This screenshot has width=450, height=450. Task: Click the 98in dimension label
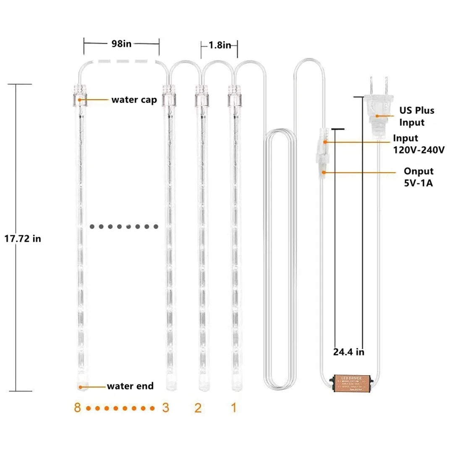pos(121,44)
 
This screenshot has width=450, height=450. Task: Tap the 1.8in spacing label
pos(220,45)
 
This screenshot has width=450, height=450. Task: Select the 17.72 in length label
pos(23,238)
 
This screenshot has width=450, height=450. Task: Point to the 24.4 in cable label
pos(348,352)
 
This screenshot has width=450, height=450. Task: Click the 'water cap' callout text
pos(134,99)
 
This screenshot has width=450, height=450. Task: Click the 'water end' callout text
pos(130,386)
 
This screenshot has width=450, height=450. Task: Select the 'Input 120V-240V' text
pos(419,144)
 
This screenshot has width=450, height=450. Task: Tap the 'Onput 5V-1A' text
pos(419,177)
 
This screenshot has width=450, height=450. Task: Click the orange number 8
pos(77,407)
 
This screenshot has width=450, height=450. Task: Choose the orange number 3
pos(165,407)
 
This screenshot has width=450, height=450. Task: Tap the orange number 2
pos(198,407)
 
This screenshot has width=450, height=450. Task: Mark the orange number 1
pos(234,407)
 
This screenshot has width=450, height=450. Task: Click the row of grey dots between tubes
pos(124,227)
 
